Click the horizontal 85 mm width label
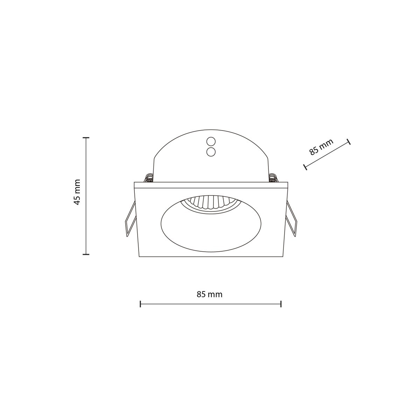pos(209,294)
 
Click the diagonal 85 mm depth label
pos(321,147)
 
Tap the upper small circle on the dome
pos(211,142)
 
